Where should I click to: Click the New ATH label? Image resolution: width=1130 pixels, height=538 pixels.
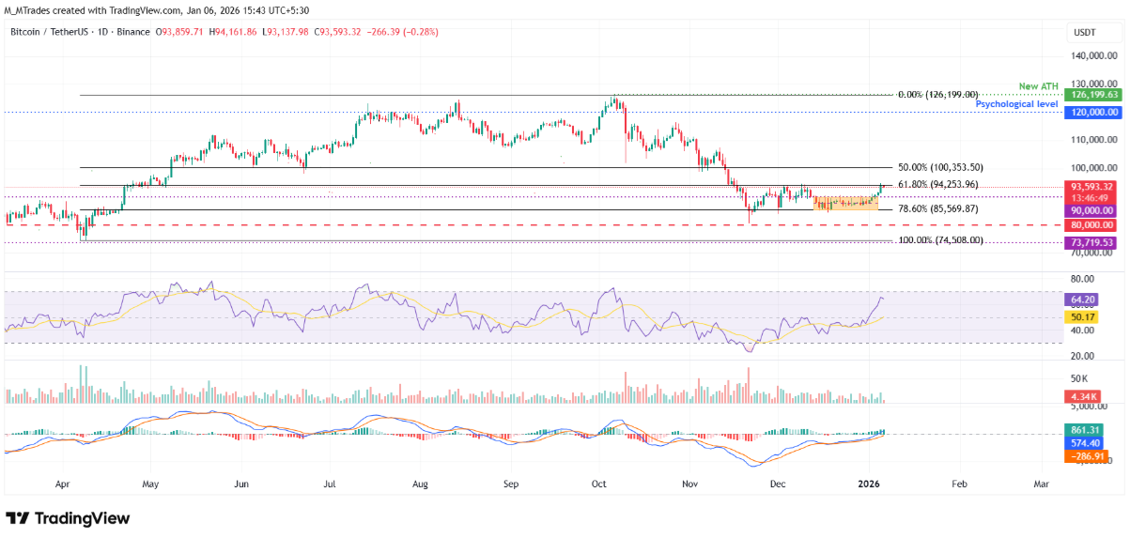(x=1038, y=86)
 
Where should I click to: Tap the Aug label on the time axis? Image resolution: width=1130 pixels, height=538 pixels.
(x=420, y=485)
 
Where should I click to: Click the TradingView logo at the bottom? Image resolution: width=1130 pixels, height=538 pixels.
(x=68, y=518)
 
